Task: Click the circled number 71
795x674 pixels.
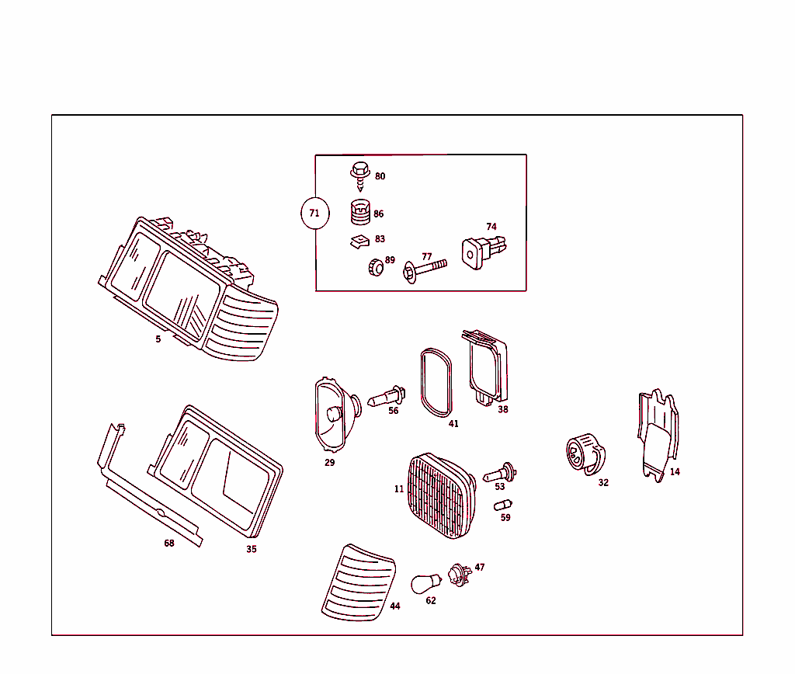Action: click(314, 213)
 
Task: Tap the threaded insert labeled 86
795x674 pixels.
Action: click(359, 211)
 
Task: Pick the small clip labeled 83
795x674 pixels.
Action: click(359, 241)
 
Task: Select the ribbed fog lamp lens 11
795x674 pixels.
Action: click(439, 495)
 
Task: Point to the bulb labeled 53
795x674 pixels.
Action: click(501, 471)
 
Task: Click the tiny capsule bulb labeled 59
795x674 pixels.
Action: click(502, 505)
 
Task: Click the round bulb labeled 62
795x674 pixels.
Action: click(425, 582)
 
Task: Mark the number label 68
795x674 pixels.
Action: click(168, 543)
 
